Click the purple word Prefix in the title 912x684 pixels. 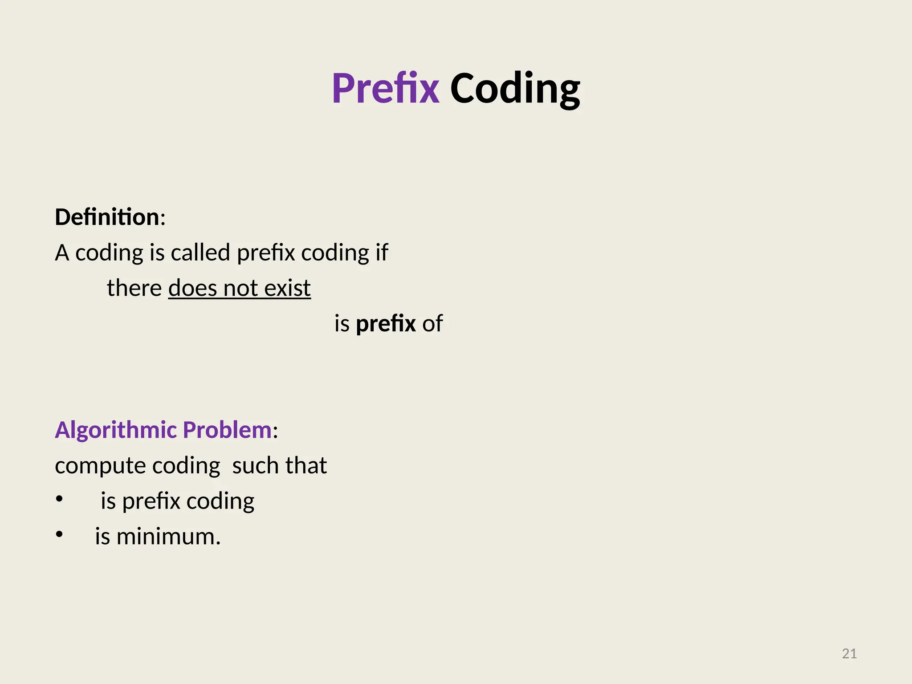coord(386,89)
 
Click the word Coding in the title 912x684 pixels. coord(515,89)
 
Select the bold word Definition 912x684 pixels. coord(107,217)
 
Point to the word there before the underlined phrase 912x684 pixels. coord(134,288)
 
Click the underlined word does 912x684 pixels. coord(193,288)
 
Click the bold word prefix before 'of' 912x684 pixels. coord(386,324)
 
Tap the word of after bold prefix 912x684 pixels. coord(432,324)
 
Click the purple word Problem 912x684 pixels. coord(227,430)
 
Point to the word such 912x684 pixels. coord(256,466)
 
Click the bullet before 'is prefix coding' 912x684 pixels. coord(60,500)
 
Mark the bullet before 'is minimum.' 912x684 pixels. coord(60,535)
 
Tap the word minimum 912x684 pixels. coord(168,537)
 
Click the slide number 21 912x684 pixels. coord(849,654)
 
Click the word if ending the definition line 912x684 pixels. coord(382,252)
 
